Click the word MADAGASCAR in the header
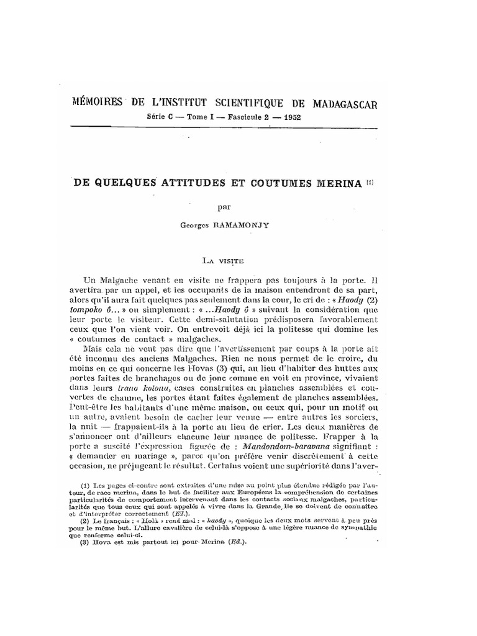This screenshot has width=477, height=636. [341, 103]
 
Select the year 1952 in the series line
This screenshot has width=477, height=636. [288, 117]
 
